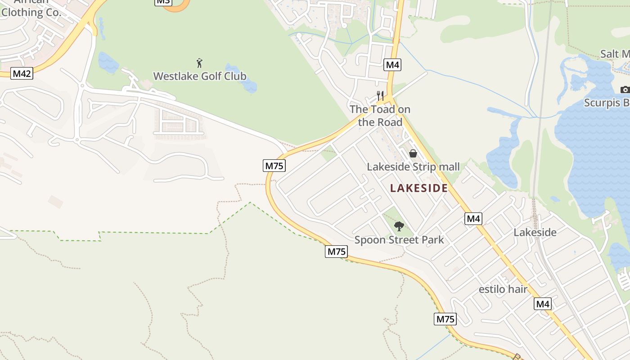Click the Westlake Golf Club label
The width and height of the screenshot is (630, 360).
tap(200, 76)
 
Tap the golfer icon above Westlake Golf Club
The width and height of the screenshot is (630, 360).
tap(200, 63)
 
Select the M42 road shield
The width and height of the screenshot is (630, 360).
tap(22, 73)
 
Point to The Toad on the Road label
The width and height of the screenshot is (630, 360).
tap(380, 116)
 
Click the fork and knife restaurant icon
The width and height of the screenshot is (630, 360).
tap(380, 96)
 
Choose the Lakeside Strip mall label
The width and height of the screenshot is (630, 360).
tap(413, 167)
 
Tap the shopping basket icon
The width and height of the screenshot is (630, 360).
tap(413, 153)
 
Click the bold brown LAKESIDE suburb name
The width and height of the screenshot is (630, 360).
tap(419, 188)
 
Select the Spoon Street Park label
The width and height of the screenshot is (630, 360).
tap(399, 240)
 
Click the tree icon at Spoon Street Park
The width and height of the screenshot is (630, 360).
tap(399, 226)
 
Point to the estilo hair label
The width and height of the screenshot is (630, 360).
tap(503, 289)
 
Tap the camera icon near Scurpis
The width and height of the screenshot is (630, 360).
tap(625, 90)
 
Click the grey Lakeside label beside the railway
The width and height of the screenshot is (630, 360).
tap(535, 232)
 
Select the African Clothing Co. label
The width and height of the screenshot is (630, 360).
tap(31, 9)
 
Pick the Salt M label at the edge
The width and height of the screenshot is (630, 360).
tap(615, 54)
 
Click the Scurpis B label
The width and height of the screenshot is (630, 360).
tap(606, 103)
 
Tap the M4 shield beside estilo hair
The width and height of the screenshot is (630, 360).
tap(543, 304)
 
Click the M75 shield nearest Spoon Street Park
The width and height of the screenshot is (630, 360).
tap(336, 252)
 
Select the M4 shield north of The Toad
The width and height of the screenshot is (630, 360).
tap(392, 65)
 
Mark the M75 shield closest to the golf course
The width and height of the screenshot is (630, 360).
tap(274, 166)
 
